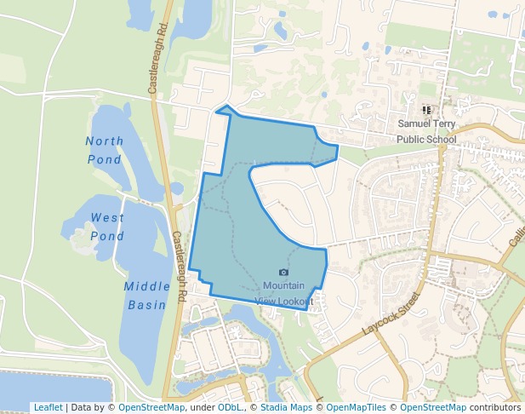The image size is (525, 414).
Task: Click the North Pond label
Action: (105, 150)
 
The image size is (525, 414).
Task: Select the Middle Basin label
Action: (148, 295)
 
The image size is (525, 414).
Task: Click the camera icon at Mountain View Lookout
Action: (283, 272)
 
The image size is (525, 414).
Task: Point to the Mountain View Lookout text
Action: (283, 293)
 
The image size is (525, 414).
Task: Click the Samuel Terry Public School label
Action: (426, 131)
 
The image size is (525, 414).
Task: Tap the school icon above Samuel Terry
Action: (426, 110)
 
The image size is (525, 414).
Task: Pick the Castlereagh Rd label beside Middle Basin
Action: (180, 264)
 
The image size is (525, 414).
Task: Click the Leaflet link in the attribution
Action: (48, 407)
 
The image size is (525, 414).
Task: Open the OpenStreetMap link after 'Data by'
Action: (151, 407)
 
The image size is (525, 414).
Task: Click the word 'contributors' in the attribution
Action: (494, 407)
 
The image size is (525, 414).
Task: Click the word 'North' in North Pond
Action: (105, 141)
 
